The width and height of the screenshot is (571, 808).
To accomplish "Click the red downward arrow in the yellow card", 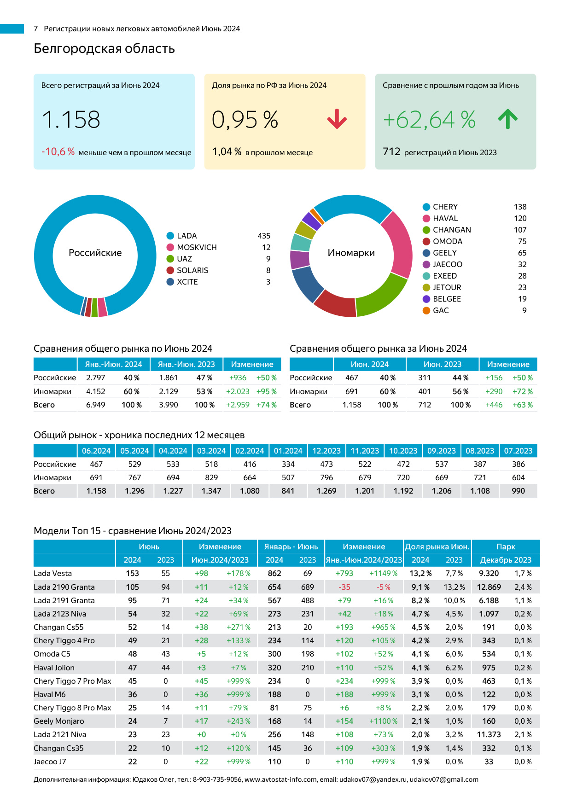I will (x=337, y=119).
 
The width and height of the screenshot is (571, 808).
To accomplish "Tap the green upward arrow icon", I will (x=508, y=119).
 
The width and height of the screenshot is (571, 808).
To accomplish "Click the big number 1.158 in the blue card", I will (x=71, y=120).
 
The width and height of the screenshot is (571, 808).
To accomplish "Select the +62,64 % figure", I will (x=429, y=120).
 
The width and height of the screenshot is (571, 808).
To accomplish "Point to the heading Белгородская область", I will (x=104, y=49).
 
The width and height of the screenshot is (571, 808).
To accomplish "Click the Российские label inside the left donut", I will (x=95, y=253).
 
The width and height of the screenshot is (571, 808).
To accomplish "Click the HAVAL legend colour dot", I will (x=426, y=219).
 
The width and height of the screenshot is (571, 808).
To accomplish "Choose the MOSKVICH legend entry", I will (x=197, y=247).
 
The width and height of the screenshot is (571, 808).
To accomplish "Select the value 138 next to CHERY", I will (x=520, y=207).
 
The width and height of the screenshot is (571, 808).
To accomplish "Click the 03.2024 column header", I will (x=211, y=451).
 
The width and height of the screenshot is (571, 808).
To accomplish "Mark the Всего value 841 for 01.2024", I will (x=288, y=491).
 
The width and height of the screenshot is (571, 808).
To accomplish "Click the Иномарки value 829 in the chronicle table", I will (x=211, y=478).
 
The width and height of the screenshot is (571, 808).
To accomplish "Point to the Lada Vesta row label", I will (x=53, y=574).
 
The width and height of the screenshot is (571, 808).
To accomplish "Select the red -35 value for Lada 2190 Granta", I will (x=344, y=587).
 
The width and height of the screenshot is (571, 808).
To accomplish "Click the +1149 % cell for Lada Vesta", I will (x=384, y=574).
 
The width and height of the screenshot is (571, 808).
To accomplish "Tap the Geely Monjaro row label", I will (x=59, y=721).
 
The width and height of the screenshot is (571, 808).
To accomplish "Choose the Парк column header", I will (x=506, y=547).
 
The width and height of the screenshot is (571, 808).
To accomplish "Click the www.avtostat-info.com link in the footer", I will (x=280, y=780).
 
